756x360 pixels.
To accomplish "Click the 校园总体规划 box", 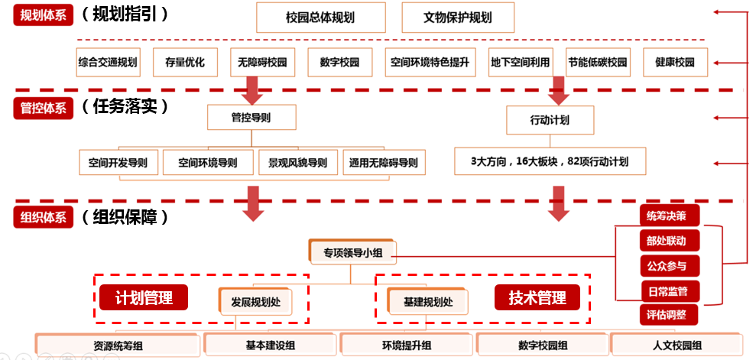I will tap(321, 17).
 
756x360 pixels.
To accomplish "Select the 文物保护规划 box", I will tap(457, 17).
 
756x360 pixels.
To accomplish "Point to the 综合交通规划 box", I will tap(108, 62).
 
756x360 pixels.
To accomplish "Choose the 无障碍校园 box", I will tap(256, 62).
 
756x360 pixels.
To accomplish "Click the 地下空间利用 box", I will tap(520, 62).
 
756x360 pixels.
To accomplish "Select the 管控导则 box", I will tap(251, 118).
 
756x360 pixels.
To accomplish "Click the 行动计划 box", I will tap(549, 120).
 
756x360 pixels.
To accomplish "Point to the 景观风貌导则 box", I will tap(297, 162).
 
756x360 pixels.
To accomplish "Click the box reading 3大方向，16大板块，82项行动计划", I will tap(550, 161).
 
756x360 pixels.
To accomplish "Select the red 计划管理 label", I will tap(144, 298).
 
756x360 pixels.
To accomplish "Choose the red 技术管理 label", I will tap(537, 298).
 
